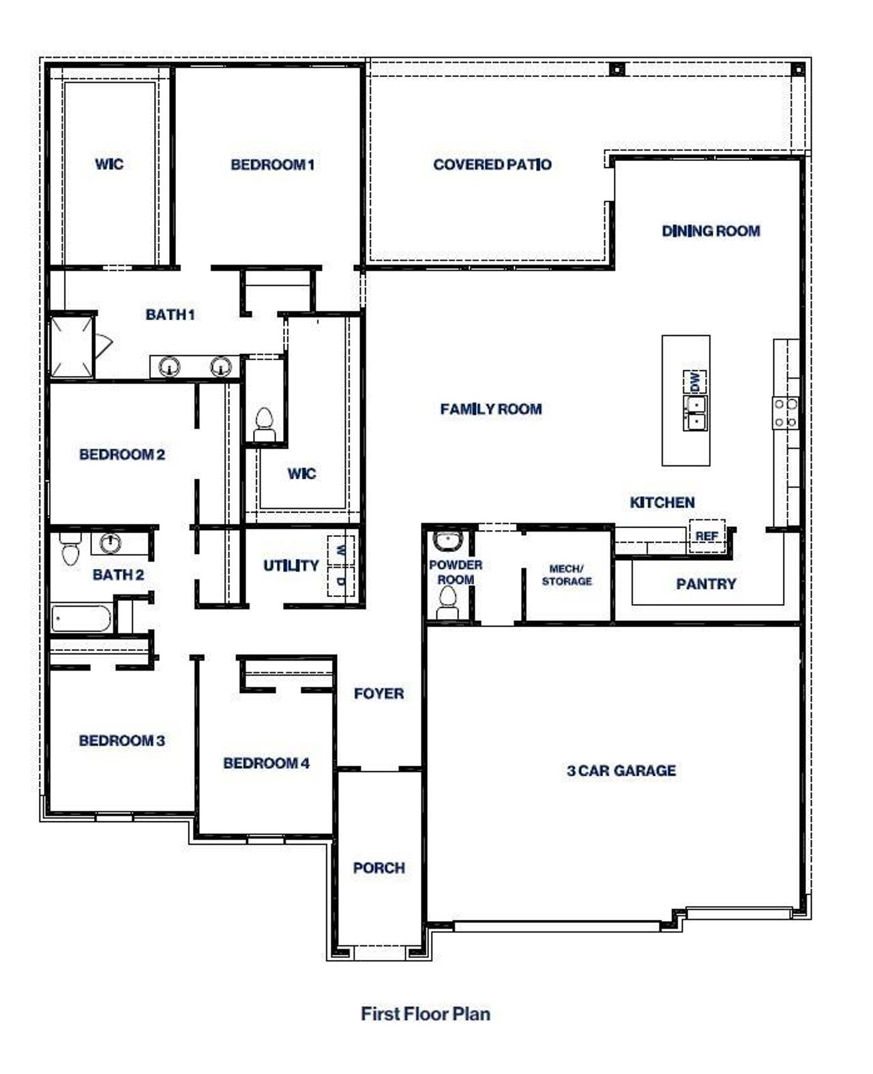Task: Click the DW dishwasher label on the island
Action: point(694,381)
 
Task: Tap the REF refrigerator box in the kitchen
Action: point(707,536)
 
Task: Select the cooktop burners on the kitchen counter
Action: point(785,413)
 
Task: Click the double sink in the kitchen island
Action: point(695,413)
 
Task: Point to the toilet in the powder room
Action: point(447,602)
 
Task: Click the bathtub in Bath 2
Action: point(81,618)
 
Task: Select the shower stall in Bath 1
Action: point(71,346)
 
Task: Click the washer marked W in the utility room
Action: point(341,549)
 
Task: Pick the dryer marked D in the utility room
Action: point(341,581)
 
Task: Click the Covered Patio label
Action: point(492,164)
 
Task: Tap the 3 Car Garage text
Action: point(621,770)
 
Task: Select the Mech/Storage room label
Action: point(566,575)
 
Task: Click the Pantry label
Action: point(706,584)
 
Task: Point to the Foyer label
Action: point(379,693)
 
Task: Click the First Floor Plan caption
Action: point(425,1013)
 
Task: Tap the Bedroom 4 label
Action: point(266,763)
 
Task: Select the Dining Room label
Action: point(711,231)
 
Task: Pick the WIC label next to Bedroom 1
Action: point(109,164)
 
